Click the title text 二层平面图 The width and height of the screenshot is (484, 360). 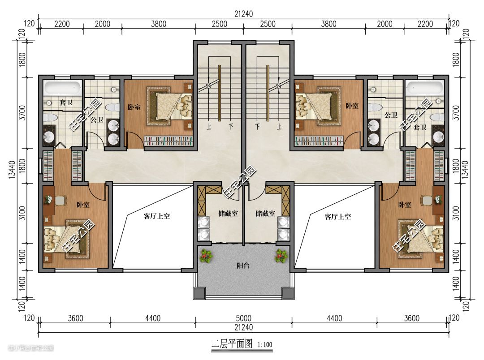[232, 343]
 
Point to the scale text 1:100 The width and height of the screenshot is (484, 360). [265, 345]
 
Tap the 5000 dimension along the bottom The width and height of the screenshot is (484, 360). [243, 318]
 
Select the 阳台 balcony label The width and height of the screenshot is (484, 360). [243, 265]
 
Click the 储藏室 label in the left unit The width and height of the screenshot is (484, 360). [228, 213]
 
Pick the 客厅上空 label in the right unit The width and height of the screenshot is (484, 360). [338, 217]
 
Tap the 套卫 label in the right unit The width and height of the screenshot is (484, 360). [420, 127]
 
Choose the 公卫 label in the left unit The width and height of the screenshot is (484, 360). [97, 120]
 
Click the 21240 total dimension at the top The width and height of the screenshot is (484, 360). [243, 14]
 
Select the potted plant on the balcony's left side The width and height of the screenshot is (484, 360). [205, 256]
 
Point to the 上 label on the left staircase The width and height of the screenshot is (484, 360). [209, 127]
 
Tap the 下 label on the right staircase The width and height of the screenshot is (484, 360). [257, 126]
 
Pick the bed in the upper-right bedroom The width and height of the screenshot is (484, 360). [314, 107]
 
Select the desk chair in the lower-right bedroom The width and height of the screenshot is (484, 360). [428, 200]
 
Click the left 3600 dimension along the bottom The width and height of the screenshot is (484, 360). [75, 318]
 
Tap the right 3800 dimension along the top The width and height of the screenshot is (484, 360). [328, 24]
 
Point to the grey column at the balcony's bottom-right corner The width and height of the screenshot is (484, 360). [287, 293]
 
